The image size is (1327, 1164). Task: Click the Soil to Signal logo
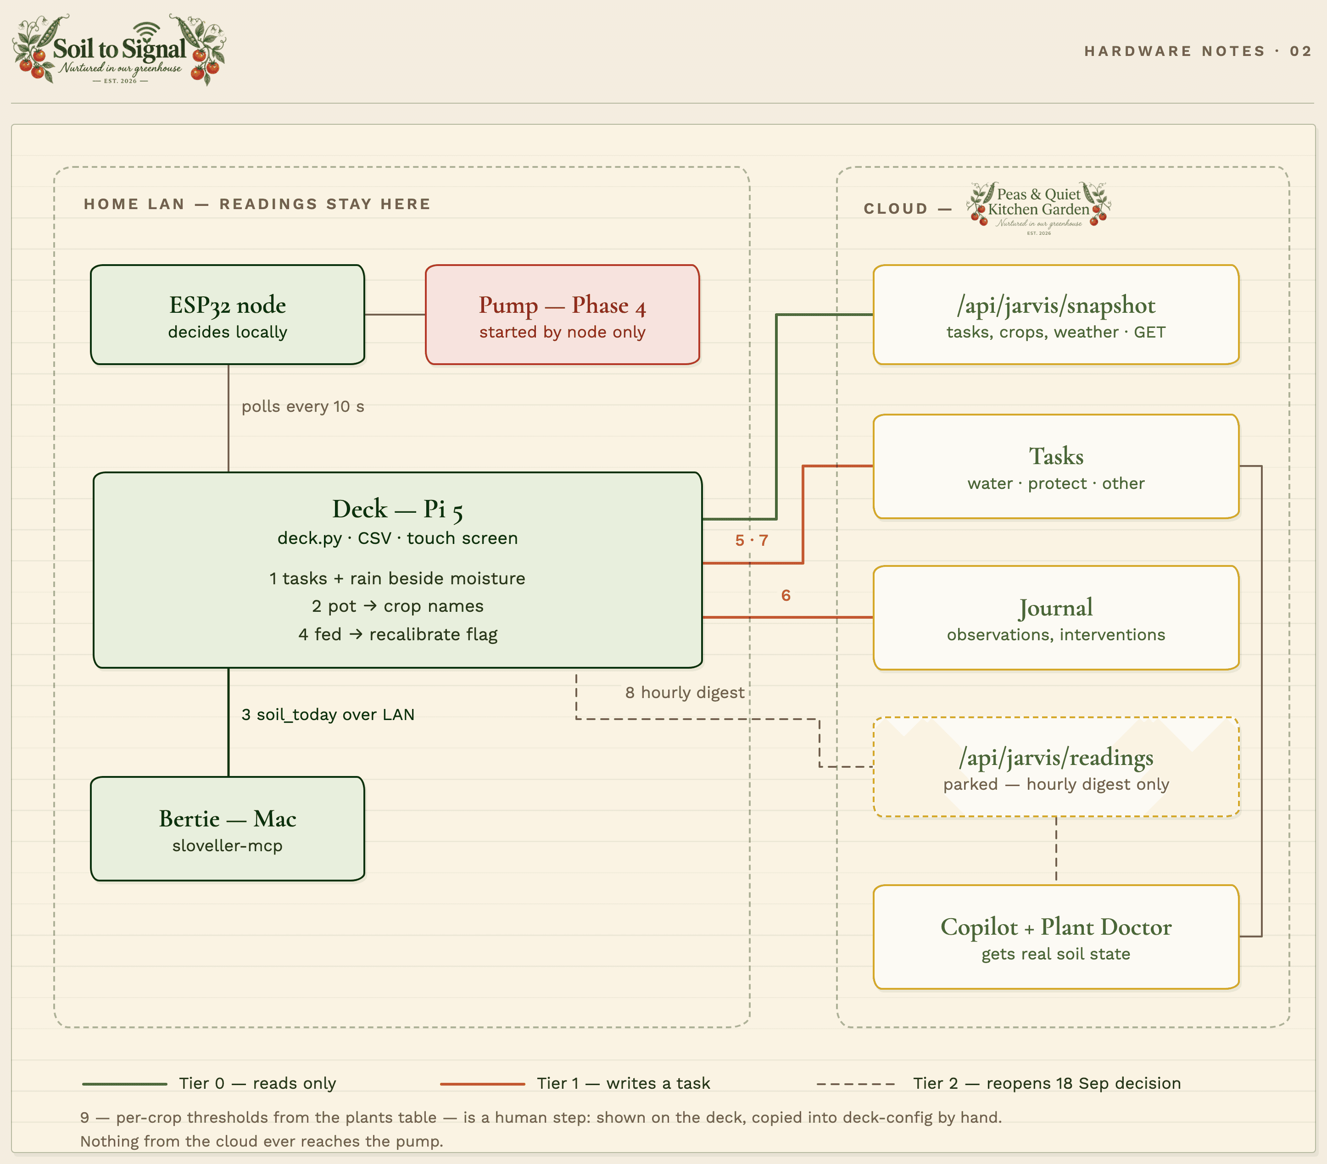click(x=119, y=50)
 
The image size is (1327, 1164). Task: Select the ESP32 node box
click(x=227, y=315)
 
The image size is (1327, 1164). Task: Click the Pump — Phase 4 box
click(x=562, y=315)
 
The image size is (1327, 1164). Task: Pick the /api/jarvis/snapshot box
click(x=1056, y=315)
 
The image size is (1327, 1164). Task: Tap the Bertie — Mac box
click(x=227, y=829)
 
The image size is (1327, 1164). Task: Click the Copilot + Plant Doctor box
click(x=1056, y=937)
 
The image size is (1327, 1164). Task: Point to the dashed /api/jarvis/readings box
click(x=1056, y=767)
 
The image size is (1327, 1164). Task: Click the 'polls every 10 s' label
click(x=302, y=407)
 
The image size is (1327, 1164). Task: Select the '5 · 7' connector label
click(x=752, y=540)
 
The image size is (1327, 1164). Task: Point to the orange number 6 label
click(x=786, y=596)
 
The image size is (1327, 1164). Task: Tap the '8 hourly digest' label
click(x=685, y=693)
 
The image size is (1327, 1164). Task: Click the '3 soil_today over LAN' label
click(x=328, y=715)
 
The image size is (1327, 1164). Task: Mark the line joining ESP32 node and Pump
click(x=395, y=315)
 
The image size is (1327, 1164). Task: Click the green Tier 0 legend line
click(x=125, y=1084)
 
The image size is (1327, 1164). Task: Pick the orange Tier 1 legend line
click(x=482, y=1084)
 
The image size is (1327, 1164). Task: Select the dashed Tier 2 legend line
click(x=856, y=1084)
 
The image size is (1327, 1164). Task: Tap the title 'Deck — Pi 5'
click(x=397, y=510)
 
